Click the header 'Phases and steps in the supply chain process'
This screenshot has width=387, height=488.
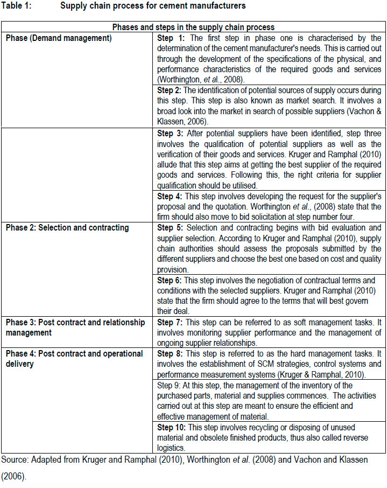pos(193,27)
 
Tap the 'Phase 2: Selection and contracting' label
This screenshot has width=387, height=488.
pos(67,227)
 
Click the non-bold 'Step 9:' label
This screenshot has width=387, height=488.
pos(170,385)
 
